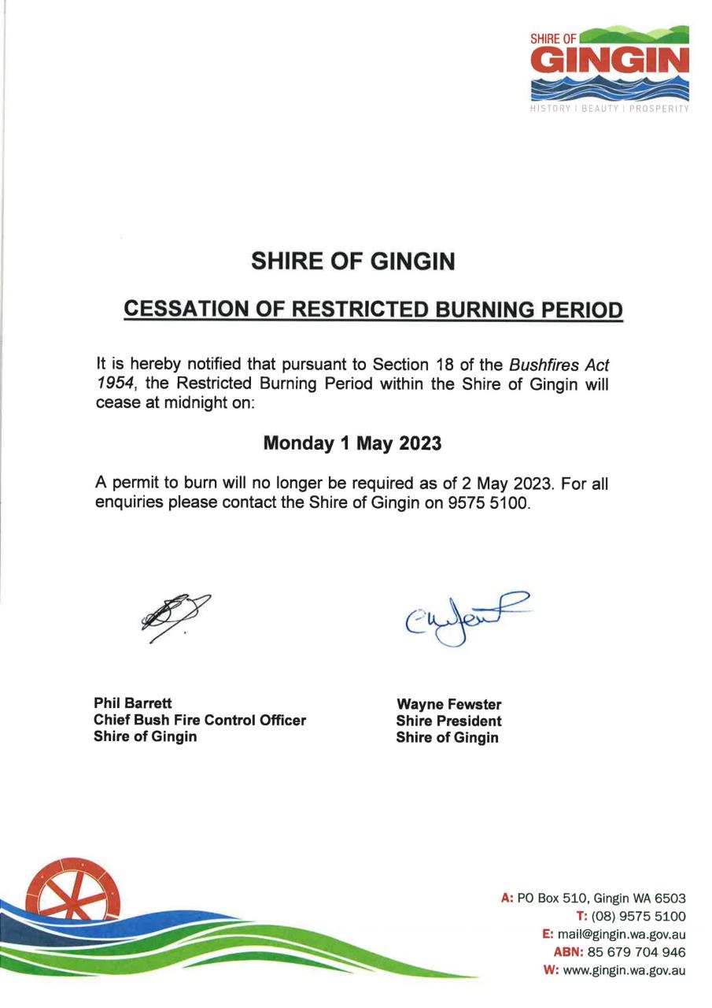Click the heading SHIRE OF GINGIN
pyautogui.click(x=352, y=261)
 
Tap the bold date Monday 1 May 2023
pyautogui.click(x=352, y=443)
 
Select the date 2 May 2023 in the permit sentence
pyautogui.click(x=502, y=483)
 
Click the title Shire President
pyautogui.click(x=448, y=721)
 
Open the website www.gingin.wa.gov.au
pyautogui.click(x=626, y=970)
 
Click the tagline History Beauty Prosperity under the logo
pyautogui.click(x=608, y=109)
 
